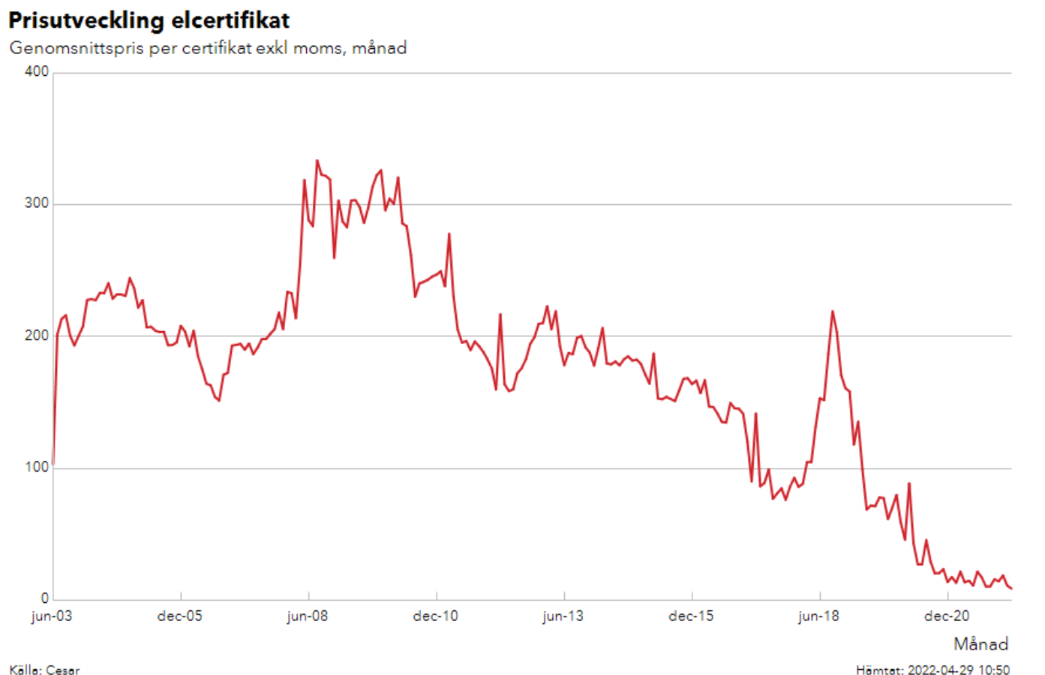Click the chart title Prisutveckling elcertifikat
click(149, 20)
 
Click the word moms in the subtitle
click(317, 48)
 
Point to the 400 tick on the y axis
click(36, 71)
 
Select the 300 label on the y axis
click(36, 203)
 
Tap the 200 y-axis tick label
click(36, 336)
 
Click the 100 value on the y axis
click(36, 467)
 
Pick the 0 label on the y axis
click(45, 598)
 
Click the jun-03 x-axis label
click(52, 616)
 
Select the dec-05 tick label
click(180, 616)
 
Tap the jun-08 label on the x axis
click(308, 616)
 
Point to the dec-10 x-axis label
click(435, 616)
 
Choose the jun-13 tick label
click(563, 616)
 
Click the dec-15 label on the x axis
click(691, 616)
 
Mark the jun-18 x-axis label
click(818, 616)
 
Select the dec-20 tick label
click(947, 616)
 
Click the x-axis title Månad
click(980, 644)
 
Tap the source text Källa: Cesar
click(44, 670)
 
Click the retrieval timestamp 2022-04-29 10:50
click(958, 670)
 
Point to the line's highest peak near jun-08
click(317, 160)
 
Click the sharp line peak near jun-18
click(832, 311)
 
